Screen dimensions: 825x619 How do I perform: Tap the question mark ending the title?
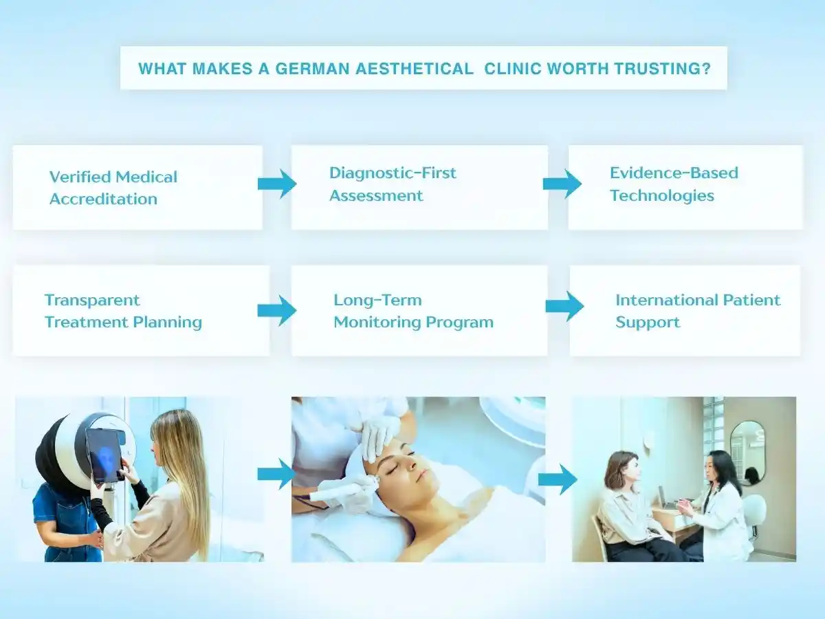pos(706,69)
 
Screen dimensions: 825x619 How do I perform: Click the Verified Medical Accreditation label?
pos(113,188)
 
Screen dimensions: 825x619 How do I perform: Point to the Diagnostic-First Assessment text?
pos(393,184)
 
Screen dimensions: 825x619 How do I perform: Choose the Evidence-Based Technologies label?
pos(674,184)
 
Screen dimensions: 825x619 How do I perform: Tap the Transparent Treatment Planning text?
pos(123,311)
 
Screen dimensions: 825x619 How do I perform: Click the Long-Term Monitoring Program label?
pos(413,311)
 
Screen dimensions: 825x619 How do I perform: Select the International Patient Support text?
pos(698,311)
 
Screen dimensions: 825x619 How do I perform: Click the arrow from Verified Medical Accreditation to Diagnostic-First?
pos(277,184)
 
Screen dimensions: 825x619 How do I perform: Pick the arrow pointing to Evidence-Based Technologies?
pos(562,184)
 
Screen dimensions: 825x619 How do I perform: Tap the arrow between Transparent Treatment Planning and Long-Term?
pos(277,310)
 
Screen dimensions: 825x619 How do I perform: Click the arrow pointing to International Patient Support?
pos(564,306)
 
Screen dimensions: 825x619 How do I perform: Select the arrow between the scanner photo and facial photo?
pos(277,474)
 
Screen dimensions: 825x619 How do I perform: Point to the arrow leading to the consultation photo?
pos(558,479)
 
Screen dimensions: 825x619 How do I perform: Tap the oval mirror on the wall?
pos(747,453)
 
